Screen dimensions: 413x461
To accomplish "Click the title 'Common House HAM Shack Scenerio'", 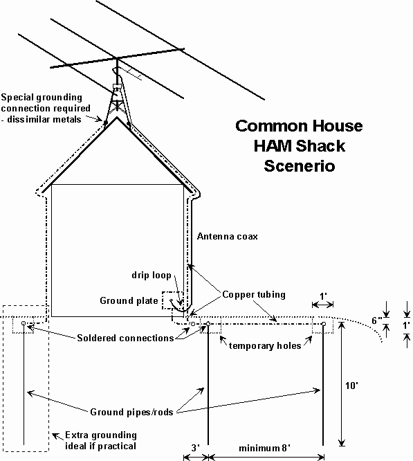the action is pyautogui.click(x=299, y=146).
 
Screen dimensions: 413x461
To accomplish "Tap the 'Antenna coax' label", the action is pyautogui.click(x=228, y=236).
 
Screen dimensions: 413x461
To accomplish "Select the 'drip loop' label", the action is pyautogui.click(x=152, y=275).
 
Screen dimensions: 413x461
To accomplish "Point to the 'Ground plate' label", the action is pyautogui.click(x=129, y=300).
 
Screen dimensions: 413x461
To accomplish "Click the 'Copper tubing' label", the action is pyautogui.click(x=254, y=295).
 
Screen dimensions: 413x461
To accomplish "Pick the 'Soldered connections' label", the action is pyautogui.click(x=125, y=338).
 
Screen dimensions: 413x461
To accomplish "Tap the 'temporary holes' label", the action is pyautogui.click(x=265, y=346).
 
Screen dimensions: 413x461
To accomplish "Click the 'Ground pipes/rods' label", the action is pyautogui.click(x=131, y=412).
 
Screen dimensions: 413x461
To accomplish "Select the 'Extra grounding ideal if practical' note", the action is pyautogui.click(x=101, y=440).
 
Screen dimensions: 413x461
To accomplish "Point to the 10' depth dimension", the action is pyautogui.click(x=351, y=386).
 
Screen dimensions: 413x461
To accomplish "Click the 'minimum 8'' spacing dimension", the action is pyautogui.click(x=264, y=448).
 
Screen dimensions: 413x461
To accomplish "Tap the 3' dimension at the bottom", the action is pyautogui.click(x=196, y=448).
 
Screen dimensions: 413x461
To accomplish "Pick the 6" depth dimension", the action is pyautogui.click(x=376, y=320).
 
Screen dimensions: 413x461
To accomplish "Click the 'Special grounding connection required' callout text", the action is pyautogui.click(x=46, y=108).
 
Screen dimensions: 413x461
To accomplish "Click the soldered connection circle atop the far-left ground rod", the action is pyautogui.click(x=24, y=323).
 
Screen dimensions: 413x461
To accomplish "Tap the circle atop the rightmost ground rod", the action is pyautogui.click(x=323, y=324).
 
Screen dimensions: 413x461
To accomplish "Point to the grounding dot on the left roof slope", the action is pyautogui.click(x=106, y=122).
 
